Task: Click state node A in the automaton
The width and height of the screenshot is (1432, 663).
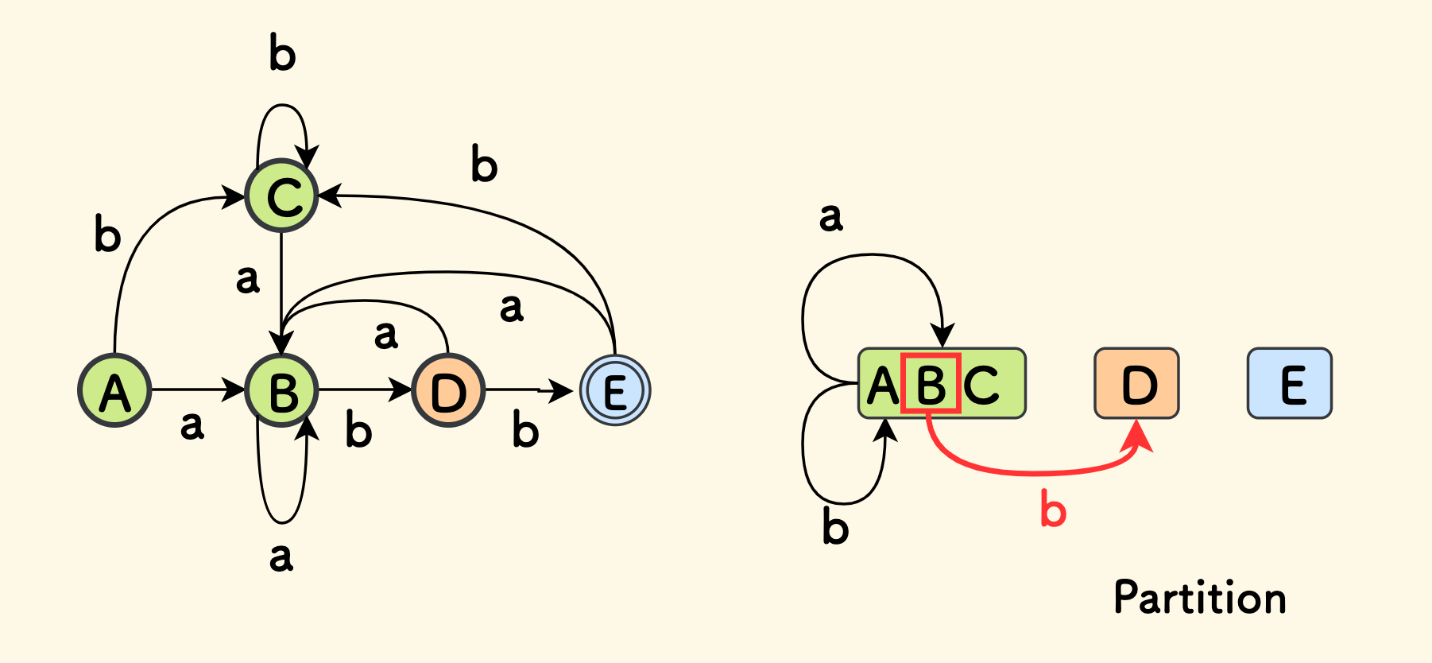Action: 114,390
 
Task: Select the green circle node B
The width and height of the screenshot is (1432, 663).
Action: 282,390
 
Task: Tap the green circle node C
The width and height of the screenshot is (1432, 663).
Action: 282,196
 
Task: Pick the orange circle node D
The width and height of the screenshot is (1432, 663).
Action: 448,390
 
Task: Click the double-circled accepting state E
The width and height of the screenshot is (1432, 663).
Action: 615,390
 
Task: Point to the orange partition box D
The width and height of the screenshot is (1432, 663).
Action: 1136,383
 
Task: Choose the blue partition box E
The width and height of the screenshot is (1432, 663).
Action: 1289,383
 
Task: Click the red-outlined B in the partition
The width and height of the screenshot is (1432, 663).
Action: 931,384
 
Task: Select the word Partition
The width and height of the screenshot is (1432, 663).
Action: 1199,598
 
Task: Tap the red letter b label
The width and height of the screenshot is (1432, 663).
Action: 1053,510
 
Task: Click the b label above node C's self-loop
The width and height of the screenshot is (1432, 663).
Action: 282,53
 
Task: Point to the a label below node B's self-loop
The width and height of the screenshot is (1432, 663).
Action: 281,557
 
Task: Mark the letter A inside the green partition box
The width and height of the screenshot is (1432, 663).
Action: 882,386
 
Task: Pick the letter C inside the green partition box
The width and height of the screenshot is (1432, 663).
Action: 982,385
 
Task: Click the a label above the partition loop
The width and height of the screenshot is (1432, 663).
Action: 830,217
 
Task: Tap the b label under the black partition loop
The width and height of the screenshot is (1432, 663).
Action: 835,528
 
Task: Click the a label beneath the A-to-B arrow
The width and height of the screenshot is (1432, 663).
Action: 192,425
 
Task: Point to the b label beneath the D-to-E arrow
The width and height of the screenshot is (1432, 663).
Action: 525,430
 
